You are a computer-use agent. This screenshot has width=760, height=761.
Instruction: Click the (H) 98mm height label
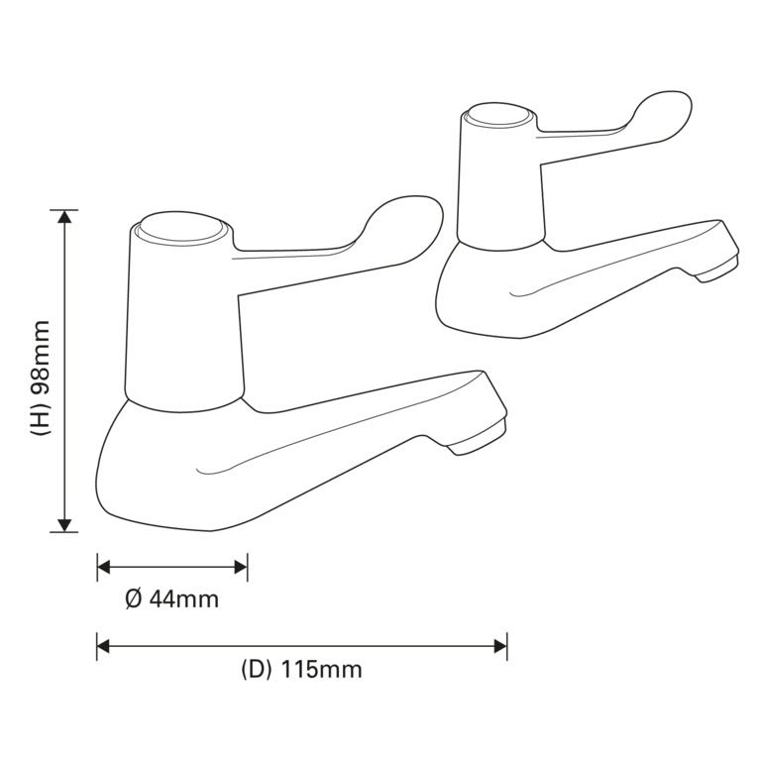(40, 378)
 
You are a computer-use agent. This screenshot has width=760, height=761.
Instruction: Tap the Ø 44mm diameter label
(172, 599)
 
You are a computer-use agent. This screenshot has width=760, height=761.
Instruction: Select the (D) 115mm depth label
(301, 670)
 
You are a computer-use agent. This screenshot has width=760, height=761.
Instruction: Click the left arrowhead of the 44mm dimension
(104, 568)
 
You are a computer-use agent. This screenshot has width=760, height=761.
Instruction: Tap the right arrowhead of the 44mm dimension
(240, 568)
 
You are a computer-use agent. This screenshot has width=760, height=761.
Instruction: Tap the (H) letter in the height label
(40, 421)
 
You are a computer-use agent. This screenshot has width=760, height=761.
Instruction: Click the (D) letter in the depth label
(256, 670)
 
